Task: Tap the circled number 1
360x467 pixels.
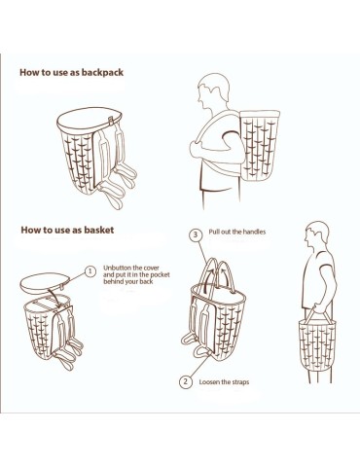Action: [91, 271]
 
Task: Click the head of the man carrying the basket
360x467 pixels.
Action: [315, 237]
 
